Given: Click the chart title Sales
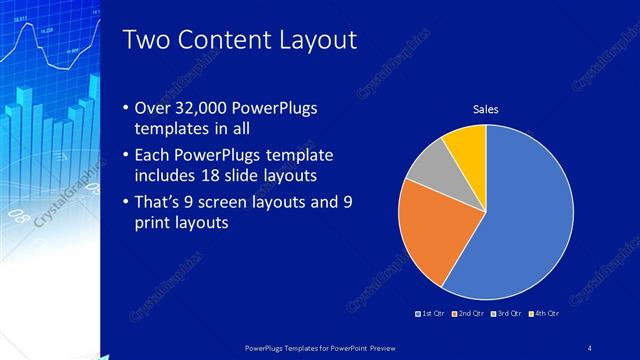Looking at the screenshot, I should [486, 109].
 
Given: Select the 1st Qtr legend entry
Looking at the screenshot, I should [433, 314].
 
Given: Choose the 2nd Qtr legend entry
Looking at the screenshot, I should [469, 314].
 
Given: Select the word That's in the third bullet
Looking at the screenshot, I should [160, 202].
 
